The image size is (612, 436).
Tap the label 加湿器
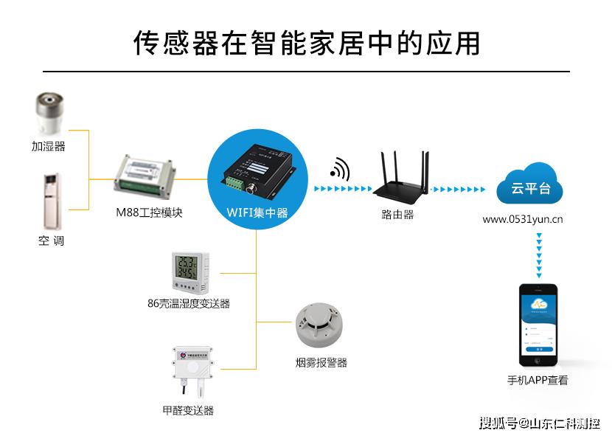pos(49,147)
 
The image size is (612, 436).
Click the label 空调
pos(49,241)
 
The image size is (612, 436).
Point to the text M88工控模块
pos(149,212)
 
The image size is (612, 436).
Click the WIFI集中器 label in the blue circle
pos(257,213)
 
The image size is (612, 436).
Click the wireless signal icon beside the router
pos(339,169)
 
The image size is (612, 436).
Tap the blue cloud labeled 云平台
pos(530,185)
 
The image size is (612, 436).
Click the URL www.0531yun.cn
pos(524,219)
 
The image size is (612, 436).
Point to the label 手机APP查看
pos(538,381)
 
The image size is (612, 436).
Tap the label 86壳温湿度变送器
pos(189,303)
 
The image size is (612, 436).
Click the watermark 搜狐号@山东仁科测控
pos(539,423)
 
